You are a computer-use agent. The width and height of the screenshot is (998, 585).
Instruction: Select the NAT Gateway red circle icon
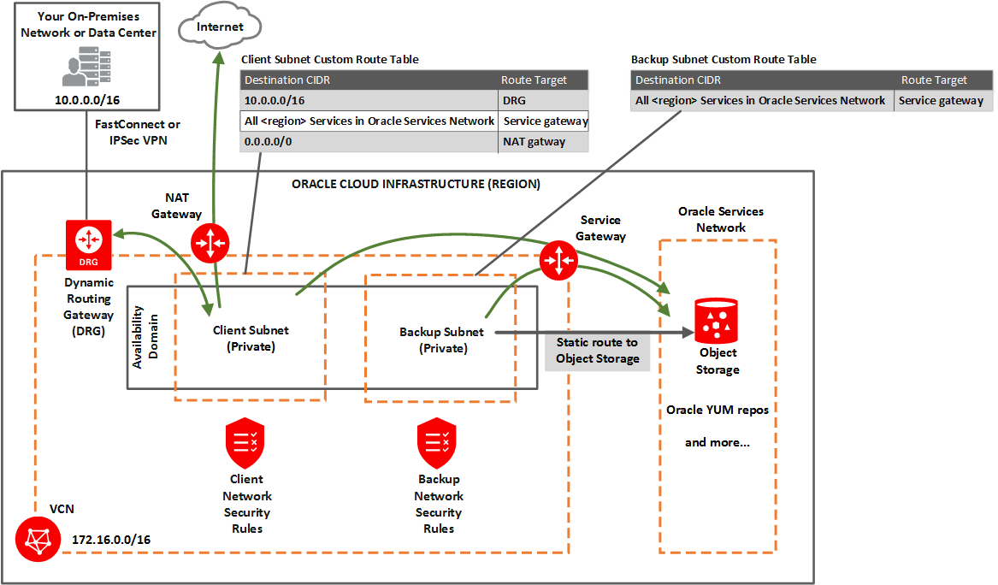coord(210,244)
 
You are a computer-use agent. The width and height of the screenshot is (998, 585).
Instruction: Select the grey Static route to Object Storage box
coord(597,350)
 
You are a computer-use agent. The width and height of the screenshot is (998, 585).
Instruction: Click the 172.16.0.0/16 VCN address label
coord(111,540)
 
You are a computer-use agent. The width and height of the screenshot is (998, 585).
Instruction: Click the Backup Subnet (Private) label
coord(441,340)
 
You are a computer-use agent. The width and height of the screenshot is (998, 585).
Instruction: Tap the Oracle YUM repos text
coord(717,410)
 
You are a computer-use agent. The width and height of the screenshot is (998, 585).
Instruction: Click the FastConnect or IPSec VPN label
coord(138,132)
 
